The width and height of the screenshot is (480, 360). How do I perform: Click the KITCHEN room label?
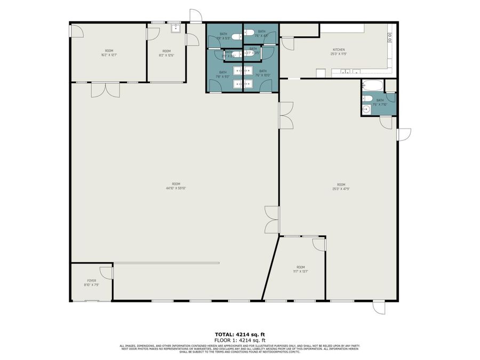pos(339,50)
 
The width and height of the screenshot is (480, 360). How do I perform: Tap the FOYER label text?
pos(92,281)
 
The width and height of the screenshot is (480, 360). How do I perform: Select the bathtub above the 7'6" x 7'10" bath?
pos(372,85)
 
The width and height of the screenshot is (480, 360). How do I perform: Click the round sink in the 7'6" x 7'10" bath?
pos(366,110)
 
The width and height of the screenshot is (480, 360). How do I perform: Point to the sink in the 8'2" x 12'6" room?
pos(174,29)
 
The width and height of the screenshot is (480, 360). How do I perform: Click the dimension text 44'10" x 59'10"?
pos(175,188)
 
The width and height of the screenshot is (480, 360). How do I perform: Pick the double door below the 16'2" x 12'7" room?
pos(105,90)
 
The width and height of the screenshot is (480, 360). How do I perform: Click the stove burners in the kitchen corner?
pos(390,37)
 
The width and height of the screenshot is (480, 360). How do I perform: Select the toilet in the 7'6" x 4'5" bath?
pos(250,33)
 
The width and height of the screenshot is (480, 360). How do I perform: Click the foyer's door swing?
pos(106,272)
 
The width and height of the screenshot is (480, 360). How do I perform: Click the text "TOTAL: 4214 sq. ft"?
pos(240,334)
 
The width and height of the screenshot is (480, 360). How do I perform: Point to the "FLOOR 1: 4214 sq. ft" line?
pos(240,340)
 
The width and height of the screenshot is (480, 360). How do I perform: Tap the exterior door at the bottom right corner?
pos(378,308)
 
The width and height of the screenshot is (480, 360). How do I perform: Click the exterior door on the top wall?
pos(196,15)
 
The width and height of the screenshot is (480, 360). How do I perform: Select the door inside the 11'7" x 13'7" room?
pos(318,245)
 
